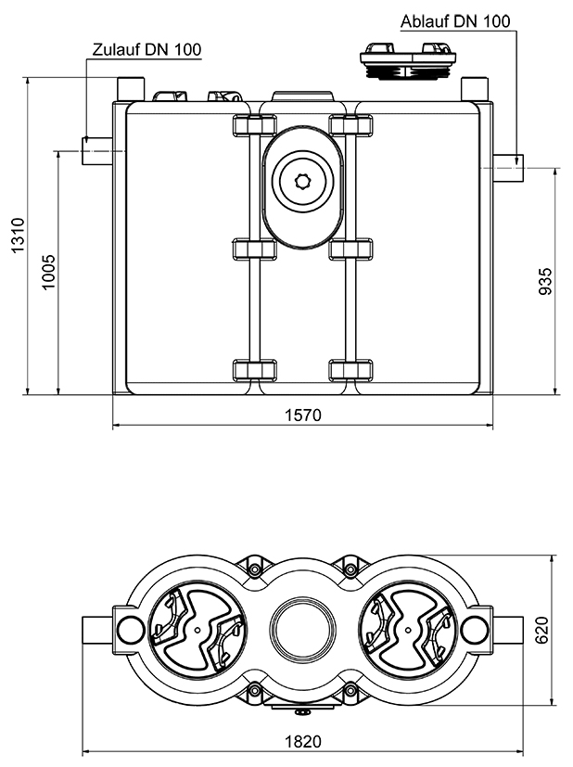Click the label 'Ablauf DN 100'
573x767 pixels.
tap(455, 20)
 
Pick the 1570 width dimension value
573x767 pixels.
tap(303, 415)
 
